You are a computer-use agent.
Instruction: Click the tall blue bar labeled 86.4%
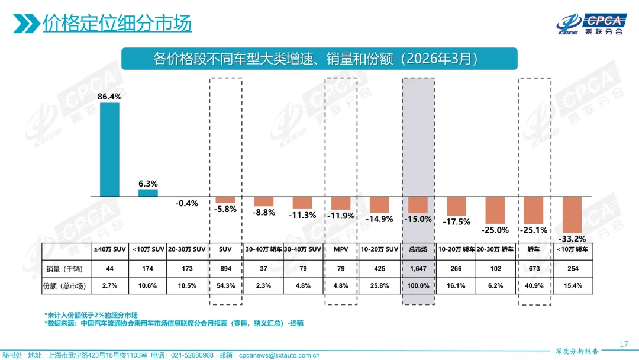(x=109, y=149)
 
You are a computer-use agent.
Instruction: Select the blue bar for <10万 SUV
(x=148, y=192)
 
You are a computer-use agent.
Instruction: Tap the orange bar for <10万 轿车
(x=572, y=214)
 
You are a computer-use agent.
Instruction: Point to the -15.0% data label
(x=418, y=219)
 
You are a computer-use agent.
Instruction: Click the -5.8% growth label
(x=225, y=209)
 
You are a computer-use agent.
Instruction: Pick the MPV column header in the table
(x=341, y=250)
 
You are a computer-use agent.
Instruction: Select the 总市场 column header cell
(x=418, y=250)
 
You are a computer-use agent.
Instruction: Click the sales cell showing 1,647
(x=418, y=269)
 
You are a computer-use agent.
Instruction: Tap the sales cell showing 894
(x=225, y=269)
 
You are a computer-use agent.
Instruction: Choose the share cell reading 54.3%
(x=225, y=286)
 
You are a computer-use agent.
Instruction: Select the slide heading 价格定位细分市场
(x=117, y=24)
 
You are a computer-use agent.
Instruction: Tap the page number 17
(x=623, y=344)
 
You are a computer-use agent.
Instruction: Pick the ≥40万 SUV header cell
(x=109, y=250)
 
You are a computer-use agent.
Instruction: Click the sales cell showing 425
(x=379, y=269)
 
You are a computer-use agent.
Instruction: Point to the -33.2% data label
(x=572, y=239)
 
